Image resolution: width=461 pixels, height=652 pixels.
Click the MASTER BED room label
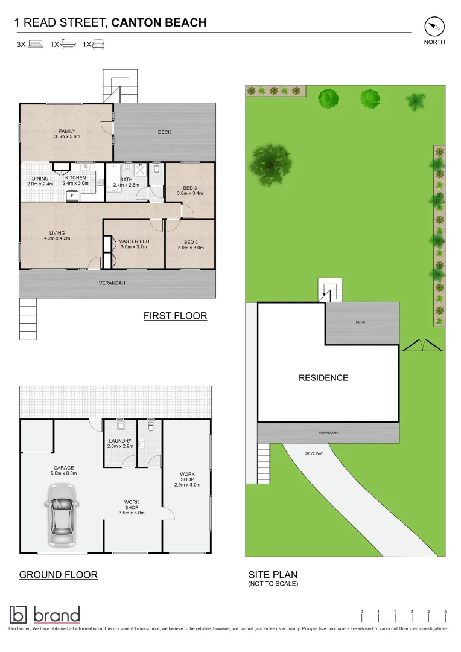coord(133,241)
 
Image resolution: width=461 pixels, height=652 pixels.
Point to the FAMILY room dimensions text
coord(67,137)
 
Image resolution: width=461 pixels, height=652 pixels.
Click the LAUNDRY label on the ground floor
coord(119,441)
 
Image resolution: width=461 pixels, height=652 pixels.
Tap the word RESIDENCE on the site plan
coord(323,378)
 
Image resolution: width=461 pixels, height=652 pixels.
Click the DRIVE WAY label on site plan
coord(313,453)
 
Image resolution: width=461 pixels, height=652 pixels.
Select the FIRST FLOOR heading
coord(175,316)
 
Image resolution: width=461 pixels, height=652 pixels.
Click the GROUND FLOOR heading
coord(58,575)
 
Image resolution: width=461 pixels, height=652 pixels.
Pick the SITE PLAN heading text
coord(273,575)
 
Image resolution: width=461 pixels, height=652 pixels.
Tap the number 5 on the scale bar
coord(445,612)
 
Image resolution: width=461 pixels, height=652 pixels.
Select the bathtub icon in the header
coord(68,44)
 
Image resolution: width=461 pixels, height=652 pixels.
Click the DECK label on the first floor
coord(165,132)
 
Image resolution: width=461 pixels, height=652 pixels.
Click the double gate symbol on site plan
coord(422,345)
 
